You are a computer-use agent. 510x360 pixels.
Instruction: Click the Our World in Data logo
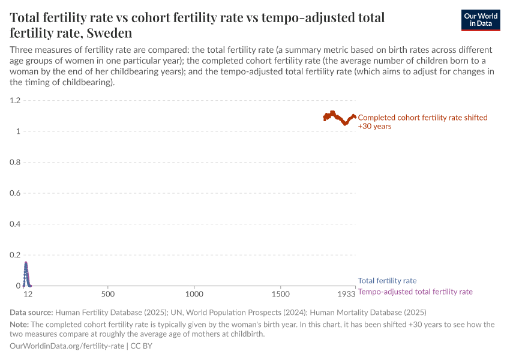(480, 20)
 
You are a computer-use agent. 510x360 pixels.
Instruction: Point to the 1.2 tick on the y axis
(15, 101)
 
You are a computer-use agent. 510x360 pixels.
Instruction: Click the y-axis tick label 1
(18, 131)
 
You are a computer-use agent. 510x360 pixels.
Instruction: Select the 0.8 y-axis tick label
(15, 163)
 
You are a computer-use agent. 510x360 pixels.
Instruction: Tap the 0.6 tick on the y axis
(15, 193)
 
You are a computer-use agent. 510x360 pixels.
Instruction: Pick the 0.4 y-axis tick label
(15, 224)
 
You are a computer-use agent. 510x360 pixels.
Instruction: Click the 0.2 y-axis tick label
(15, 255)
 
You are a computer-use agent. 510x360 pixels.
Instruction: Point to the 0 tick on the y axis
(18, 286)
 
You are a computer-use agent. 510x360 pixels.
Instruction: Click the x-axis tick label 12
(28, 295)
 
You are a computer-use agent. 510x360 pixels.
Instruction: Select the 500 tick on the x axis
(108, 295)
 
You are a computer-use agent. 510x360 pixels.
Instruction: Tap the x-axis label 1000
(194, 295)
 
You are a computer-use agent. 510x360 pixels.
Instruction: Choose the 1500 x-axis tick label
(280, 295)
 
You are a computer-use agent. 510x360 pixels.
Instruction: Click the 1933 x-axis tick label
(346, 295)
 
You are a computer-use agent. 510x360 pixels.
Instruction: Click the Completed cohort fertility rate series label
(422, 122)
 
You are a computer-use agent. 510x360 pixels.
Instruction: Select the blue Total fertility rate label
(387, 281)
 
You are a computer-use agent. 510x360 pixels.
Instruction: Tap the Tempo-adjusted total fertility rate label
(415, 292)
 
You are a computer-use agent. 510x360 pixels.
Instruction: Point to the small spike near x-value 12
(26, 267)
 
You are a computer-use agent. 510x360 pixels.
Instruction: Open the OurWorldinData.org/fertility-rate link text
(67, 346)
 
